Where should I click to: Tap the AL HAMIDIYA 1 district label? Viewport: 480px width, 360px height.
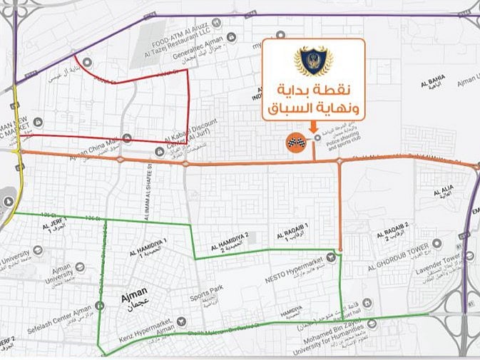pos(148,247)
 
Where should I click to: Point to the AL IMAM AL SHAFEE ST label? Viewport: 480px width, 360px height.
pos(150,186)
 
